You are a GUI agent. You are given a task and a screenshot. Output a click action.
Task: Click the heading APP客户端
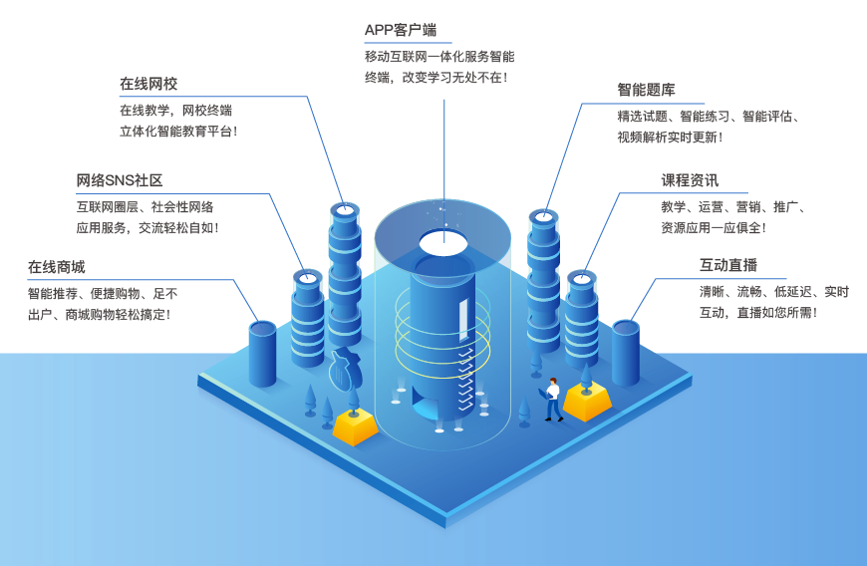click(401, 30)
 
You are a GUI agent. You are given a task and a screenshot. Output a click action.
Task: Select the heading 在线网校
click(148, 84)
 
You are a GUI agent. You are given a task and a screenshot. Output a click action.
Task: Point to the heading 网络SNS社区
click(120, 180)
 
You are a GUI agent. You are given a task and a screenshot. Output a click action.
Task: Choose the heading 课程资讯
click(690, 180)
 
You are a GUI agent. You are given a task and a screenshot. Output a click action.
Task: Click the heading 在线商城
click(57, 266)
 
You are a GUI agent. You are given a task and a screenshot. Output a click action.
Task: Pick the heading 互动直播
click(728, 266)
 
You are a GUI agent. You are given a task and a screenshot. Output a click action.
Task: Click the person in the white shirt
click(552, 398)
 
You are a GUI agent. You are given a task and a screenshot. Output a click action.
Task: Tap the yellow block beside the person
click(586, 402)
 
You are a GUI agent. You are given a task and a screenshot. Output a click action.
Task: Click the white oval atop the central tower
click(443, 240)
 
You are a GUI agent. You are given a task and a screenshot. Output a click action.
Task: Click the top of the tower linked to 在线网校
click(344, 210)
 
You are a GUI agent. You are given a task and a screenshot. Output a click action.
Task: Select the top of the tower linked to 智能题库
click(542, 216)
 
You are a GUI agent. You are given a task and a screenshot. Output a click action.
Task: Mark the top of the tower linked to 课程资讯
click(580, 278)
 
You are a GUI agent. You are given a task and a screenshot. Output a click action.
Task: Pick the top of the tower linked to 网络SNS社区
click(306, 277)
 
